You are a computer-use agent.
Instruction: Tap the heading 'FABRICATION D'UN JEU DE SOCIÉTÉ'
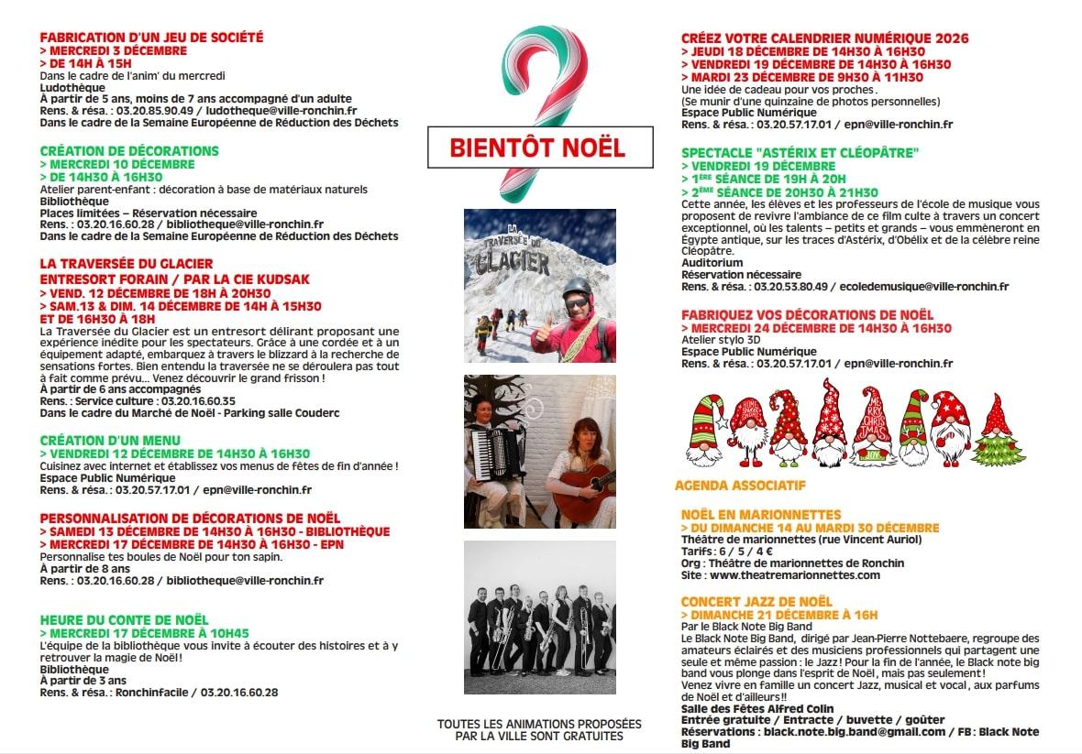pyautogui.click(x=151, y=38)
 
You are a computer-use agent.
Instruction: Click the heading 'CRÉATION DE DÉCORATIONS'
pyautogui.click(x=129, y=151)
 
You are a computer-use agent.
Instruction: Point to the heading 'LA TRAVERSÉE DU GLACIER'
pyautogui.click(x=127, y=264)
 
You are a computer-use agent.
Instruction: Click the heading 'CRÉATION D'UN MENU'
pyautogui.click(x=110, y=441)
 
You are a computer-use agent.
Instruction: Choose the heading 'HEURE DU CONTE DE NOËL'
pyautogui.click(x=124, y=620)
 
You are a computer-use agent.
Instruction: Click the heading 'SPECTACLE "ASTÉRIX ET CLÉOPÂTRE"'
pyautogui.click(x=800, y=152)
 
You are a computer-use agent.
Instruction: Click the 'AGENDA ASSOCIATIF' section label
pyautogui.click(x=740, y=485)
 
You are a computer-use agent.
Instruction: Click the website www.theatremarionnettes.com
pyautogui.click(x=794, y=575)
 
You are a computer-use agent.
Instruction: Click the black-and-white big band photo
pyautogui.click(x=539, y=617)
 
